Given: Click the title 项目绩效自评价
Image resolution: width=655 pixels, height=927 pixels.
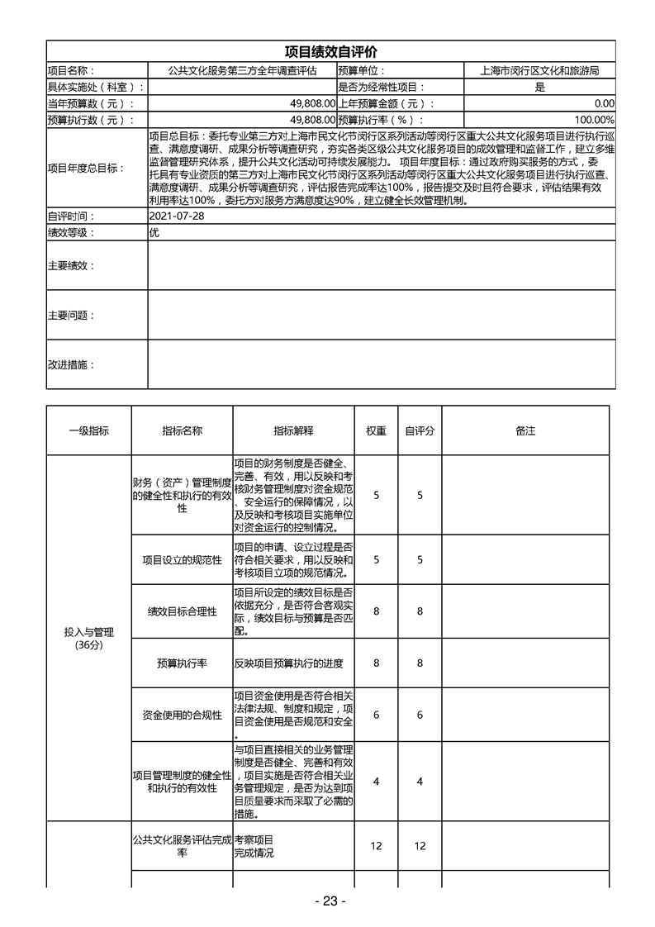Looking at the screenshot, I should click(330, 51).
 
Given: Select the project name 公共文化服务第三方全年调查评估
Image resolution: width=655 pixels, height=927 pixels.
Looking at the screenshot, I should click(242, 71).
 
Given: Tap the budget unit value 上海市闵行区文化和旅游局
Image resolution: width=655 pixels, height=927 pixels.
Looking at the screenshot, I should click(539, 71).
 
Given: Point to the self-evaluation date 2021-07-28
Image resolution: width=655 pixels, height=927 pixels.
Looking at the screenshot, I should click(175, 216).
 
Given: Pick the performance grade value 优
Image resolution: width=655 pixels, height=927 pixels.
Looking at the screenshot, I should click(154, 232).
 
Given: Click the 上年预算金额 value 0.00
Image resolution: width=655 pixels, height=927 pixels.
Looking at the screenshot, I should click(604, 103).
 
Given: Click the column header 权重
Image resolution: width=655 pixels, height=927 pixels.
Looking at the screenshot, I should click(376, 430).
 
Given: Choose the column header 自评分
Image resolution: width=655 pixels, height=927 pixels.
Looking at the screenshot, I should click(420, 430).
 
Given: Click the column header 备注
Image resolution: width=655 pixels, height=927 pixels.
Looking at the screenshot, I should click(525, 430).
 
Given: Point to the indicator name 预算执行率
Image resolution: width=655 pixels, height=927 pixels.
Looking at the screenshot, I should click(182, 663).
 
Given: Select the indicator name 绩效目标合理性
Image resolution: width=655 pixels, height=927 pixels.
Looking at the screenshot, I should click(182, 611).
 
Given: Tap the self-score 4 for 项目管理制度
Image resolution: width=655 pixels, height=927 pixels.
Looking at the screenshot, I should click(420, 782).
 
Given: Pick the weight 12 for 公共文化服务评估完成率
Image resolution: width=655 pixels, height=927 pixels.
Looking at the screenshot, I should click(376, 846).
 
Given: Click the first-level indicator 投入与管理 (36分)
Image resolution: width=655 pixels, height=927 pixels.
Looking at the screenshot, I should click(88, 638).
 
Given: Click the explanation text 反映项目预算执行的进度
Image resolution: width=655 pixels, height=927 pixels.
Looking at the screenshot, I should click(288, 663).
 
